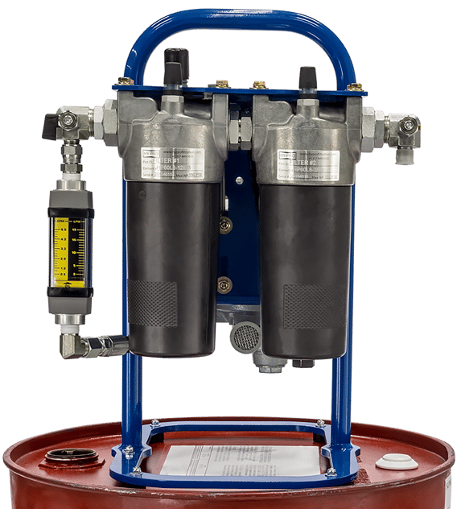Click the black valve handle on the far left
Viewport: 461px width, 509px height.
(x=51, y=124)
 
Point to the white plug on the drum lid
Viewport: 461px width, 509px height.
(x=397, y=461)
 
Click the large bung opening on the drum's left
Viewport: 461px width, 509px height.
(x=72, y=457)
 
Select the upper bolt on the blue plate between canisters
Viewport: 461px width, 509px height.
(x=226, y=226)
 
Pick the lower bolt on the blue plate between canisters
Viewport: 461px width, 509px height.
(x=225, y=283)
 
